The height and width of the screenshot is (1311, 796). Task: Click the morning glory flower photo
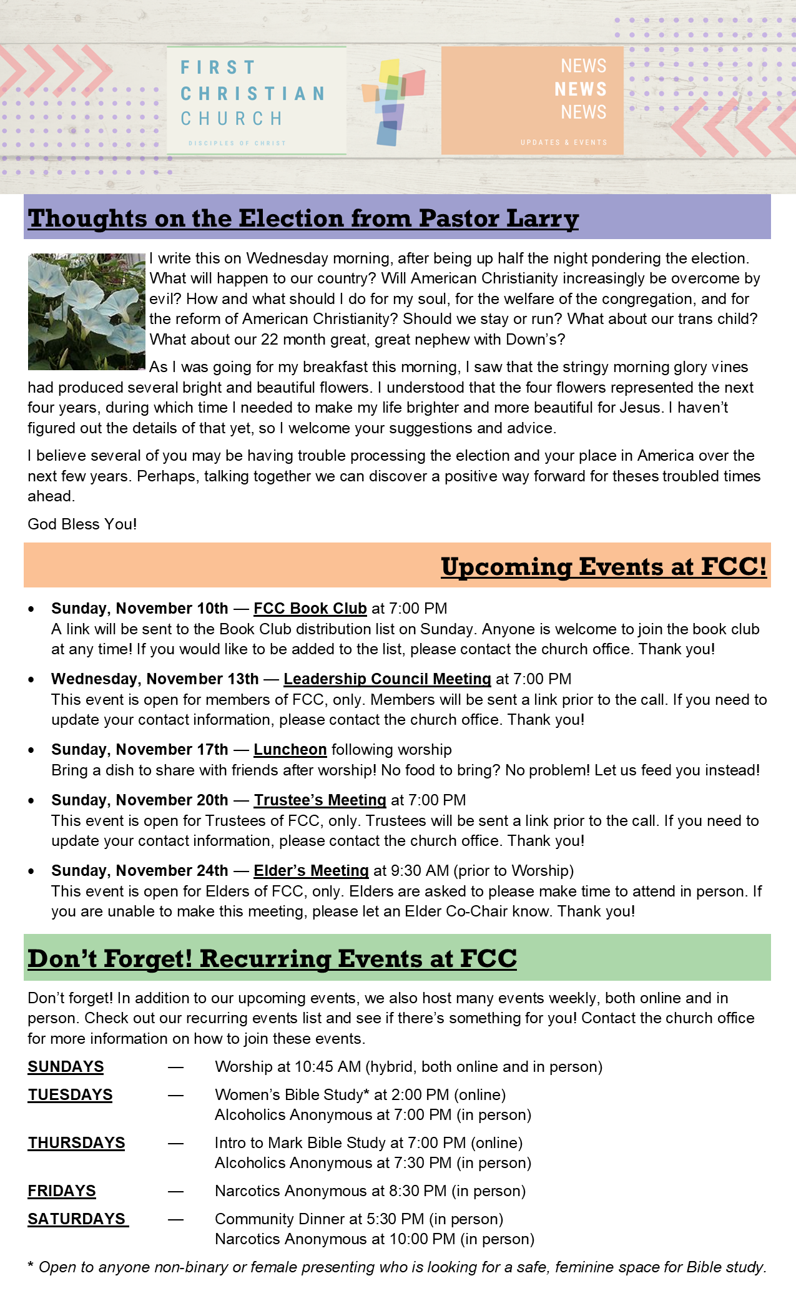[x=86, y=311]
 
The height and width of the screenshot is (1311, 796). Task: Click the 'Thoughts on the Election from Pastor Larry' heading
[x=303, y=218]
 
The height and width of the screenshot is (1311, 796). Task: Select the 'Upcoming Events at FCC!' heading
[x=603, y=566]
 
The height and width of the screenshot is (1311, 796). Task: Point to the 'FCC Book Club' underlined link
[x=310, y=608]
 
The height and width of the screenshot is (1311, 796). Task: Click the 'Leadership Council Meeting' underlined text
[x=387, y=679]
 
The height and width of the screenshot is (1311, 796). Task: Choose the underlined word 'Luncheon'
[x=290, y=749]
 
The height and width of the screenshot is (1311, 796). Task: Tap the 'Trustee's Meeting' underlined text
[x=320, y=800]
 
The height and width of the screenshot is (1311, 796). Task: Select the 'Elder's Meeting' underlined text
[x=311, y=870]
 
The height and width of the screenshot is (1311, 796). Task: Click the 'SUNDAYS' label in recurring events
[x=66, y=1066]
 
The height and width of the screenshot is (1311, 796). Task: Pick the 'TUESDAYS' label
[x=70, y=1094]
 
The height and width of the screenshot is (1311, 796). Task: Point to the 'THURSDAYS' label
[x=76, y=1142]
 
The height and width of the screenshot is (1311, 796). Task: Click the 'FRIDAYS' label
[x=62, y=1191]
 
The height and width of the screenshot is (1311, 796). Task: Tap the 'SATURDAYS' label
[x=77, y=1219]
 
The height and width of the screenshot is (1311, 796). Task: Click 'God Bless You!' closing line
[x=82, y=524]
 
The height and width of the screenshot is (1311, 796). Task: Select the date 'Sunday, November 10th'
[x=140, y=608]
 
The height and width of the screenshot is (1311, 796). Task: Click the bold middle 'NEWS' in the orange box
[x=581, y=89]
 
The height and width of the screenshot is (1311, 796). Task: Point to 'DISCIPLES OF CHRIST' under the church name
[x=237, y=143]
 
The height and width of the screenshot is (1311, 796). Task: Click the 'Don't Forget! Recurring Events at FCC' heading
[x=272, y=958]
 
